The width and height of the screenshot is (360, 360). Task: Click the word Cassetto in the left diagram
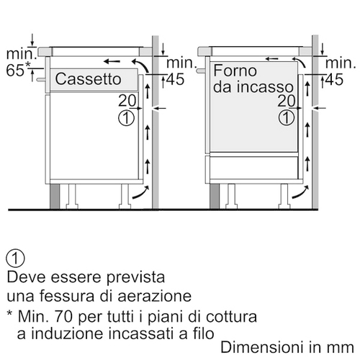point(88,78)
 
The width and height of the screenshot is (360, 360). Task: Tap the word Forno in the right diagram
point(235,71)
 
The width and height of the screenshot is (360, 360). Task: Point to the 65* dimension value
point(19,70)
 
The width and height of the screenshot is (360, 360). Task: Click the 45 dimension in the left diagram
point(176,79)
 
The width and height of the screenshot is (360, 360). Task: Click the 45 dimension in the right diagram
point(334,79)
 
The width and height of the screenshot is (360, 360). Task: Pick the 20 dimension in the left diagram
point(127,101)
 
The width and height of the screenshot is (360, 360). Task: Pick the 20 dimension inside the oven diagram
point(287,101)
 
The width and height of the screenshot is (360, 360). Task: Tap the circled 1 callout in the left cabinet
point(127,118)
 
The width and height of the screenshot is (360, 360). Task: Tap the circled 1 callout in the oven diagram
point(287,118)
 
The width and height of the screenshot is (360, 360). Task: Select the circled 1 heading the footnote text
point(16,258)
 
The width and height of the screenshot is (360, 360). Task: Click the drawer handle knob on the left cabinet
point(40,79)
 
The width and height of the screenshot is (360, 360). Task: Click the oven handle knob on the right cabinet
point(201,71)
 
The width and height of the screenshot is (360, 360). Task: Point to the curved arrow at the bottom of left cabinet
point(141,194)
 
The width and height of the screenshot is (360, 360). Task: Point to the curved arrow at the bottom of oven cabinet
point(300,194)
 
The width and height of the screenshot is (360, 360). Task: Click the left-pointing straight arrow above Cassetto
point(112,62)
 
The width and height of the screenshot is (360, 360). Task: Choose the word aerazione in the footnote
point(155,296)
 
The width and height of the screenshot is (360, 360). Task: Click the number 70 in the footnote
point(63,316)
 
